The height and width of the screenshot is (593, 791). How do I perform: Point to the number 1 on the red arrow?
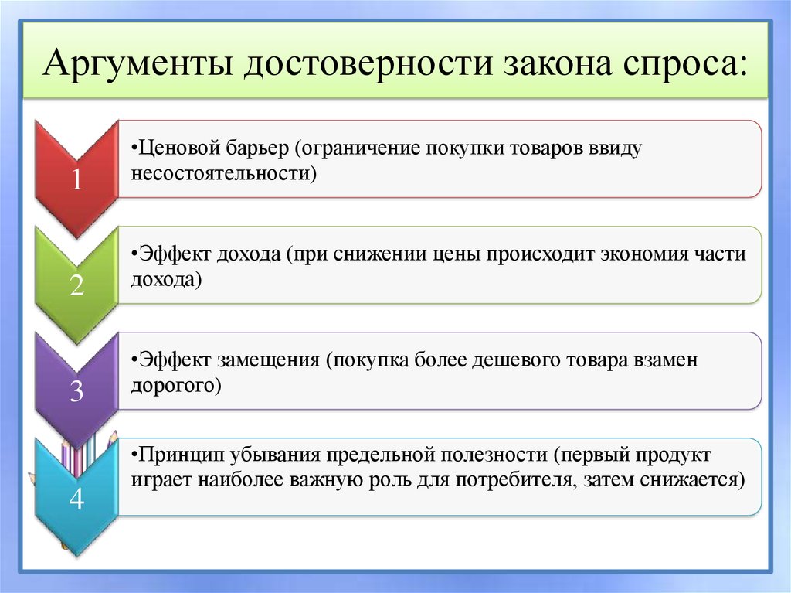coord(76,179)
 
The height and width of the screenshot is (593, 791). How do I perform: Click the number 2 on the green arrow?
coord(76,285)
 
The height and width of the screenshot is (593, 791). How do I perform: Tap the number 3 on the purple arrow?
coord(76,392)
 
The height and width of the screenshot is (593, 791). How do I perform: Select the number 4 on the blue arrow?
coord(76,499)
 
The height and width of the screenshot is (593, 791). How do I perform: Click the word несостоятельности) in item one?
coord(224,173)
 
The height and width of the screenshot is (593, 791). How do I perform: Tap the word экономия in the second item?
coord(617,254)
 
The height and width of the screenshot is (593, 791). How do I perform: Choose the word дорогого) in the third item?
coord(176,385)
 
